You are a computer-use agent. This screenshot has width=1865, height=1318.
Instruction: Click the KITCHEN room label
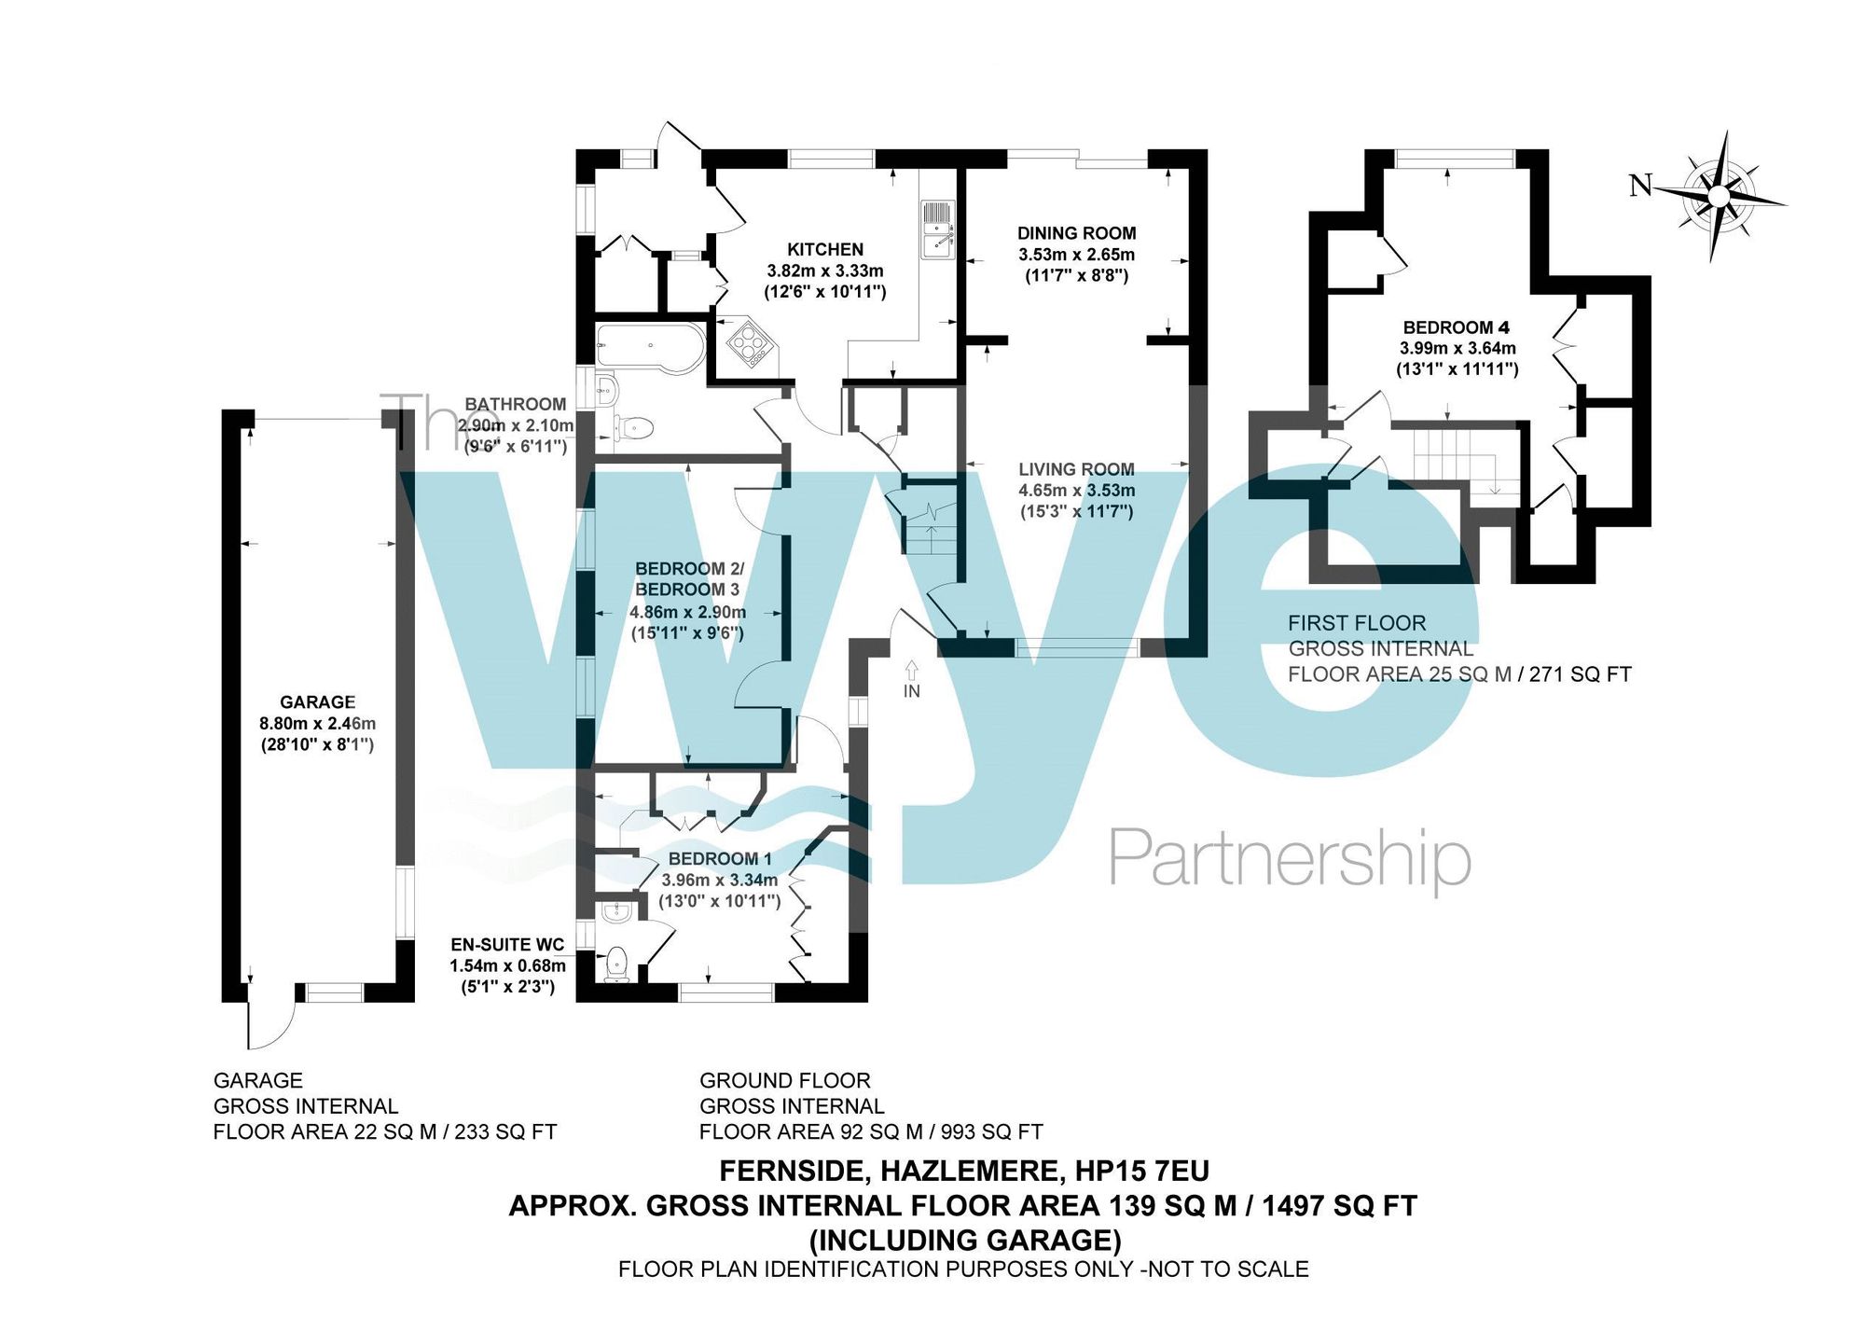point(825,249)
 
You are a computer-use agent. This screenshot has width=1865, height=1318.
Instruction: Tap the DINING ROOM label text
point(1076,233)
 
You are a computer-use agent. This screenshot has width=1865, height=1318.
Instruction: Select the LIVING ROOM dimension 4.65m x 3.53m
point(1076,491)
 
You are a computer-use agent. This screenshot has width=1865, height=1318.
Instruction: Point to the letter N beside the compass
point(1640,187)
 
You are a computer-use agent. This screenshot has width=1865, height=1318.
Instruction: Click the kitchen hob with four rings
point(750,343)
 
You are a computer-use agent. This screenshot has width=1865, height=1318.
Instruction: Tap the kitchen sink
point(936,229)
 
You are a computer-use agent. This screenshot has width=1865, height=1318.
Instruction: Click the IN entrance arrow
point(911,672)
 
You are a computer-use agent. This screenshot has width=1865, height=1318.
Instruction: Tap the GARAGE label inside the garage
point(317,702)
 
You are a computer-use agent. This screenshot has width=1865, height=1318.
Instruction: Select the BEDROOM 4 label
point(1456,327)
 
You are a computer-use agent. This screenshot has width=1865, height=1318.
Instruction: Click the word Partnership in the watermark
point(1289,859)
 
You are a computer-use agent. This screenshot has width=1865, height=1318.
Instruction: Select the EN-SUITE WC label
point(507,945)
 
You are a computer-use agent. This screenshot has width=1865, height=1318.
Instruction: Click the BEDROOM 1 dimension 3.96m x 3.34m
point(719,881)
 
